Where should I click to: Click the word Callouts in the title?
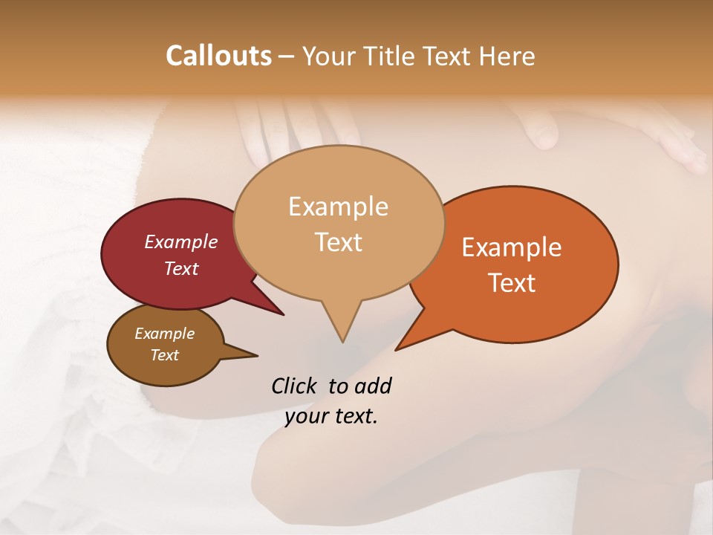pyautogui.click(x=218, y=56)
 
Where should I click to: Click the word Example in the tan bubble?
pyautogui.click(x=338, y=207)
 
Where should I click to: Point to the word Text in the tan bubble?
pyautogui.click(x=338, y=242)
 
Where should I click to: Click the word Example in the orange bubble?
pyautogui.click(x=512, y=247)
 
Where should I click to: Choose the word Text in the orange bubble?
pyautogui.click(x=512, y=283)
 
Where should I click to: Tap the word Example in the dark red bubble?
pyautogui.click(x=181, y=241)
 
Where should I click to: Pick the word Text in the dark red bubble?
pyautogui.click(x=181, y=268)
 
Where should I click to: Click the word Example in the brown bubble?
pyautogui.click(x=165, y=334)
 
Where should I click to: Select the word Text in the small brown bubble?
pyautogui.click(x=165, y=355)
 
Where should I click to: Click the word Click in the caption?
pyautogui.click(x=295, y=386)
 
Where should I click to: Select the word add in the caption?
pyautogui.click(x=374, y=386)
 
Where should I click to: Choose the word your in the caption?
pyautogui.click(x=306, y=416)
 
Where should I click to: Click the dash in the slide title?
pyautogui.click(x=287, y=57)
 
